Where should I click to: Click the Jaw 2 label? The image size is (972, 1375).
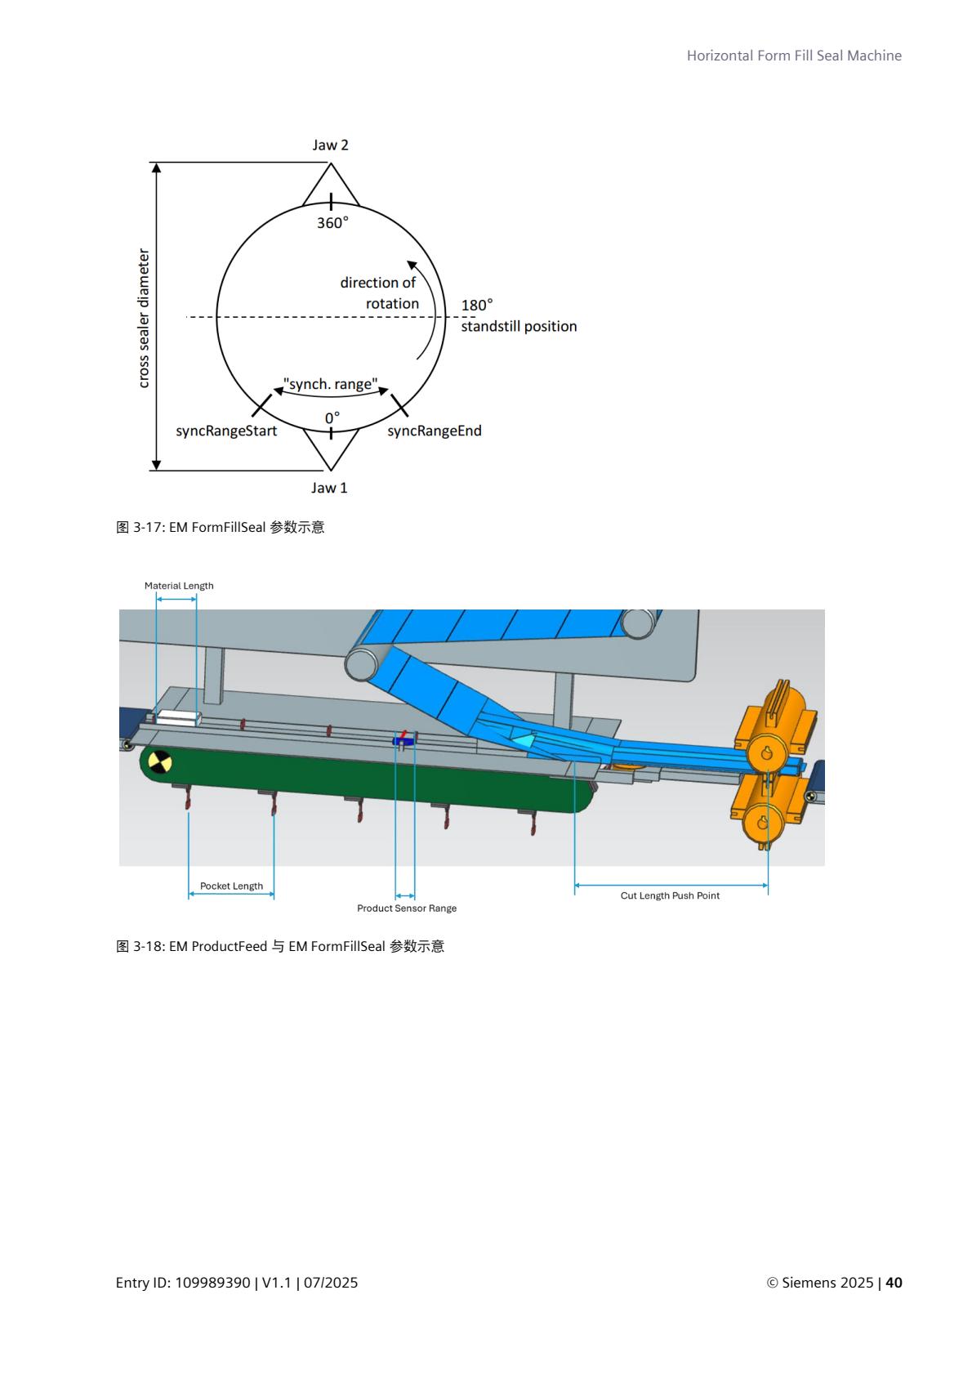(x=330, y=145)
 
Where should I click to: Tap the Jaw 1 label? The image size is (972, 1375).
(x=329, y=488)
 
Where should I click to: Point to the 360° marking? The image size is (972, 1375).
(x=332, y=223)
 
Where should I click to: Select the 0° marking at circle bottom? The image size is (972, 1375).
(x=332, y=418)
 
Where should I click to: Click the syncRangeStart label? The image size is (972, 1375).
(x=226, y=431)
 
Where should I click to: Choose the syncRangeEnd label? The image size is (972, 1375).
(x=434, y=431)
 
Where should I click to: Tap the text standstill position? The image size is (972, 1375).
(x=519, y=326)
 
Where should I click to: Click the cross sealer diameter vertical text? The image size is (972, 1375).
(x=144, y=318)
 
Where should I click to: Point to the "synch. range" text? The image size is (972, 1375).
(x=330, y=384)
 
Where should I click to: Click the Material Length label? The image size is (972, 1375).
(x=179, y=586)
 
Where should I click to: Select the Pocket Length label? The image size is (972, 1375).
(x=231, y=886)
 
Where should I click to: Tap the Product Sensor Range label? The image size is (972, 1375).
(x=407, y=908)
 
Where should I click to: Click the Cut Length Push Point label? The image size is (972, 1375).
(x=670, y=896)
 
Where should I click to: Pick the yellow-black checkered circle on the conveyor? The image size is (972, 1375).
(x=159, y=763)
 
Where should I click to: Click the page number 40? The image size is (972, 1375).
(x=894, y=1283)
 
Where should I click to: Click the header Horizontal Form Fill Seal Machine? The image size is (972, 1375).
(x=794, y=56)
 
